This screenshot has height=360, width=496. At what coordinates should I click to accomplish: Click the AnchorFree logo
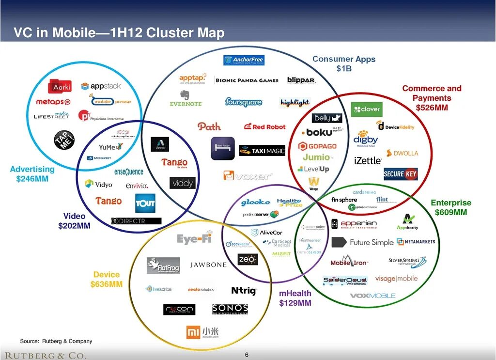[244, 60]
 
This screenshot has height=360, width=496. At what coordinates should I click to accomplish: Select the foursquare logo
[244, 102]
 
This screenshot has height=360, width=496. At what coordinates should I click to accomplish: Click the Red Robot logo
[265, 126]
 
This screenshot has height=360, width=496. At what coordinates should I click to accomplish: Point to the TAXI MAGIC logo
[262, 151]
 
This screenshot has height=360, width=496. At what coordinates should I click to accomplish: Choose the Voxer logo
[248, 176]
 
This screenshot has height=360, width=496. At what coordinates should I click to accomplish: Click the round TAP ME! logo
[64, 140]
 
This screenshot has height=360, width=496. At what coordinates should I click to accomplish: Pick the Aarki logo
[60, 87]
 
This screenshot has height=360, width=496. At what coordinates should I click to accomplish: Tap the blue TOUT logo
[145, 203]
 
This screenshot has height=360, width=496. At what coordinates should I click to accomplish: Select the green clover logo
[367, 110]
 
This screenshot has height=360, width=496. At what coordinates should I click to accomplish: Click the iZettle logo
[368, 161]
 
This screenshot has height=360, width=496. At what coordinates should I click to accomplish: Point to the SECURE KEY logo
[401, 174]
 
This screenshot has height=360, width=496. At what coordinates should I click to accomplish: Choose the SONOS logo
[230, 309]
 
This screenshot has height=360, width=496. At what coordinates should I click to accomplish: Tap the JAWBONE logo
[208, 265]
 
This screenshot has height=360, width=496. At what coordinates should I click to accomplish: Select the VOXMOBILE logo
[372, 296]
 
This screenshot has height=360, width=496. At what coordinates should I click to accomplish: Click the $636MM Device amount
[107, 284]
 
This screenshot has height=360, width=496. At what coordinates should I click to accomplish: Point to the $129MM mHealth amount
[295, 303]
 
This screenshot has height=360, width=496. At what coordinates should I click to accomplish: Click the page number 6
[247, 355]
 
